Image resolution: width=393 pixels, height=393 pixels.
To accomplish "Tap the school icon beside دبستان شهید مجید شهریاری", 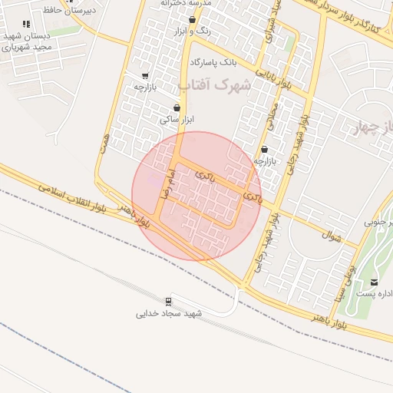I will pos(28,25).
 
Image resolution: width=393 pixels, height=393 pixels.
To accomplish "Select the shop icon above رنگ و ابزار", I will pos(192,20).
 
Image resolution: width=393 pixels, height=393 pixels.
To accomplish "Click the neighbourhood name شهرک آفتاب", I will pos(214,84).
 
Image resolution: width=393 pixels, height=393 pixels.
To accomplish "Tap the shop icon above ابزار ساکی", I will pos(178,108).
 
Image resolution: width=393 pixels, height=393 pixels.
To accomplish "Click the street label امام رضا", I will pos(164,183).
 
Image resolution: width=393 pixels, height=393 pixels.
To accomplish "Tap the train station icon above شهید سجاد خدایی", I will pos(168,300).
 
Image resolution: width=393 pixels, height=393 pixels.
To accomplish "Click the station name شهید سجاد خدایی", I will pos(169,313).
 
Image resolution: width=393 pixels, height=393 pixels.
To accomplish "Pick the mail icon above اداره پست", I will pos(375,282).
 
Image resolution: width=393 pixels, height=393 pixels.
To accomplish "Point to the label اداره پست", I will pos(376,294).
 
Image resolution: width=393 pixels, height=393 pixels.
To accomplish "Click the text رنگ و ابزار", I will pos(193,31).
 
